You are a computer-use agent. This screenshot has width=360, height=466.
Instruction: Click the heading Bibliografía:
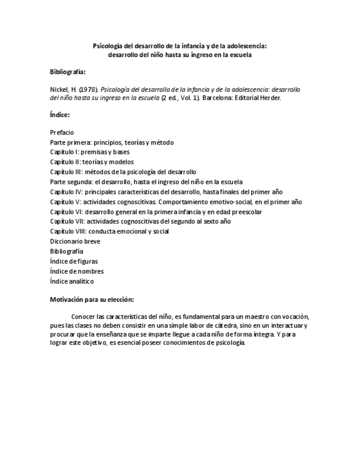click(x=68, y=72)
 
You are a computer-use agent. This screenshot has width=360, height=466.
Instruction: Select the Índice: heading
click(x=59, y=115)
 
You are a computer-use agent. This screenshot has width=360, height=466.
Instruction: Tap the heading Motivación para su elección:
click(x=92, y=299)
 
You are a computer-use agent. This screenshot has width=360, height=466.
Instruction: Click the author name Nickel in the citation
click(x=58, y=89)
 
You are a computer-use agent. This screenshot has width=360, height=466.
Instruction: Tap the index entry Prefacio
click(x=62, y=132)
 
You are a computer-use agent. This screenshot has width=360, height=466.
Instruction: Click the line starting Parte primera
click(x=112, y=142)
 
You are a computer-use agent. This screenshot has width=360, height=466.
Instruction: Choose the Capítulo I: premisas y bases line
click(x=90, y=152)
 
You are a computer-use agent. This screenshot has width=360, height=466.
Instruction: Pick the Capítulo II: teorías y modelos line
click(x=92, y=162)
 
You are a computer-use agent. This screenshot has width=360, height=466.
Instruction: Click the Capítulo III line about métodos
click(x=123, y=172)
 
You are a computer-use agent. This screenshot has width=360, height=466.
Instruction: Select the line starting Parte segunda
click(x=146, y=182)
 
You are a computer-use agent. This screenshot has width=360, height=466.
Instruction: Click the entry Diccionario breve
click(x=75, y=241)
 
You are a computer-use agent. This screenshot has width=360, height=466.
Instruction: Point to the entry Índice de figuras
click(x=74, y=261)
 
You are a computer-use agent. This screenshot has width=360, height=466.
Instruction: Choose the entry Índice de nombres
click(x=76, y=271)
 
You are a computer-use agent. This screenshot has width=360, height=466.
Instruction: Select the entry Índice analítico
click(x=71, y=281)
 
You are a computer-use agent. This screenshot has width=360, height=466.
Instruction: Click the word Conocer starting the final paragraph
click(x=84, y=317)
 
